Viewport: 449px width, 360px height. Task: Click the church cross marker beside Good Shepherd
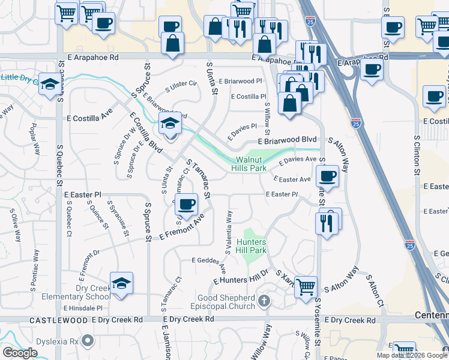264,301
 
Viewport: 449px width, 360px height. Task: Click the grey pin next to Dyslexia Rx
88,341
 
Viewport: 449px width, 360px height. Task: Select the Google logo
20,353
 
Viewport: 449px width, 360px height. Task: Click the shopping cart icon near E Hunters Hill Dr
306,287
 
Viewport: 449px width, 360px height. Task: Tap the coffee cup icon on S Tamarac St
187,204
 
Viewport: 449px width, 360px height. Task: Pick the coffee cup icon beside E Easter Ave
328,176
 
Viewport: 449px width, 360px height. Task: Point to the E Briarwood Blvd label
287,140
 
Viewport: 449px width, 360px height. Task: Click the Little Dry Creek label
18,77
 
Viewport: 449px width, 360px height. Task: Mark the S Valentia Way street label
229,230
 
